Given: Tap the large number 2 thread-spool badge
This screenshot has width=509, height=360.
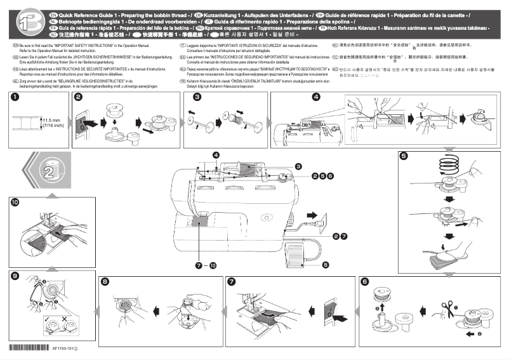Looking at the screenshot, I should pyautogui.click(x=49, y=171).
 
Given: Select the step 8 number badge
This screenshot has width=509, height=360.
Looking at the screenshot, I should pyautogui.click(x=105, y=281).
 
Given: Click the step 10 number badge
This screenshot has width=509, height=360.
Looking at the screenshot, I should pyautogui.click(x=15, y=202).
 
